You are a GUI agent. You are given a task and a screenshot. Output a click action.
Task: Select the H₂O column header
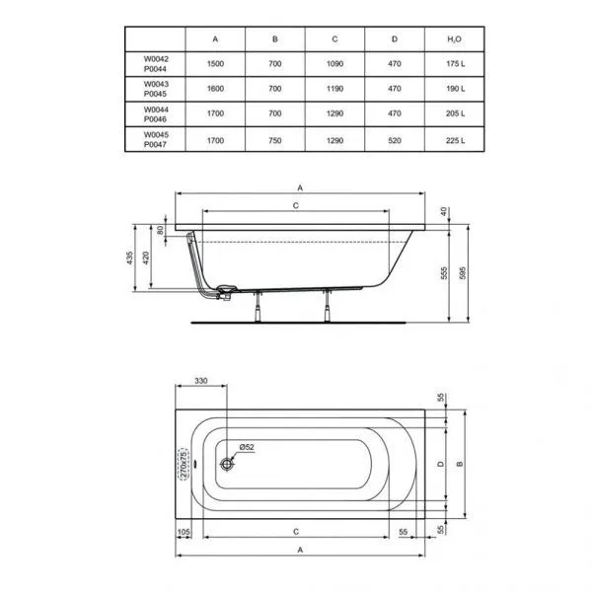[453, 38]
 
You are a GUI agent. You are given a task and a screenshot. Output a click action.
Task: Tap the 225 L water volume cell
[453, 138]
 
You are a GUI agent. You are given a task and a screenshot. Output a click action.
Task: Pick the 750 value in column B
[275, 138]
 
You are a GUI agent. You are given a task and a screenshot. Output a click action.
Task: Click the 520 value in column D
[394, 138]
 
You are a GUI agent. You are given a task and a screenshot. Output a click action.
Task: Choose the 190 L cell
[453, 89]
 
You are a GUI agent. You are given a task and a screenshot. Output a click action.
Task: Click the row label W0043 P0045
[156, 89]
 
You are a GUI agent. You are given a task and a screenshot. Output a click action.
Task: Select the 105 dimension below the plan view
[184, 531]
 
